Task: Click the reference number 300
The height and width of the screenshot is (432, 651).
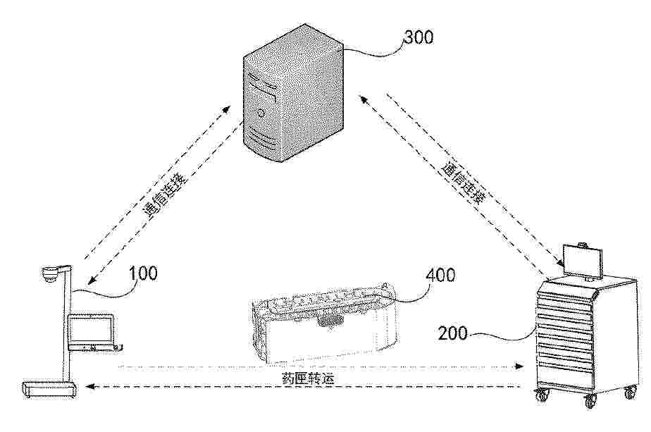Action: (x=418, y=37)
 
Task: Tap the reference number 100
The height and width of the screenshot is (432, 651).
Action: (x=143, y=273)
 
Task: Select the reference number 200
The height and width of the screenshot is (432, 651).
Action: (x=453, y=333)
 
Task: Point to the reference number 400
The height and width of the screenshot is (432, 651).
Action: (x=440, y=275)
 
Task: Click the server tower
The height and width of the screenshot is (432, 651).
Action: (x=293, y=93)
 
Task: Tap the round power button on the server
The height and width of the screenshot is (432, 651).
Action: (x=261, y=112)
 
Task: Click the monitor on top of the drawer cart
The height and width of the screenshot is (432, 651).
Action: (x=582, y=261)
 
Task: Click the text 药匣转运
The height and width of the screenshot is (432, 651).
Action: (x=308, y=378)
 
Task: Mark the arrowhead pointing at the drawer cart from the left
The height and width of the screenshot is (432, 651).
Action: (x=519, y=366)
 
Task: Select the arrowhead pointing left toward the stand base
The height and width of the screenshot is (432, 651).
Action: (x=89, y=387)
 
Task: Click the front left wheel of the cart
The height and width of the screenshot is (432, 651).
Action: (x=541, y=395)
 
